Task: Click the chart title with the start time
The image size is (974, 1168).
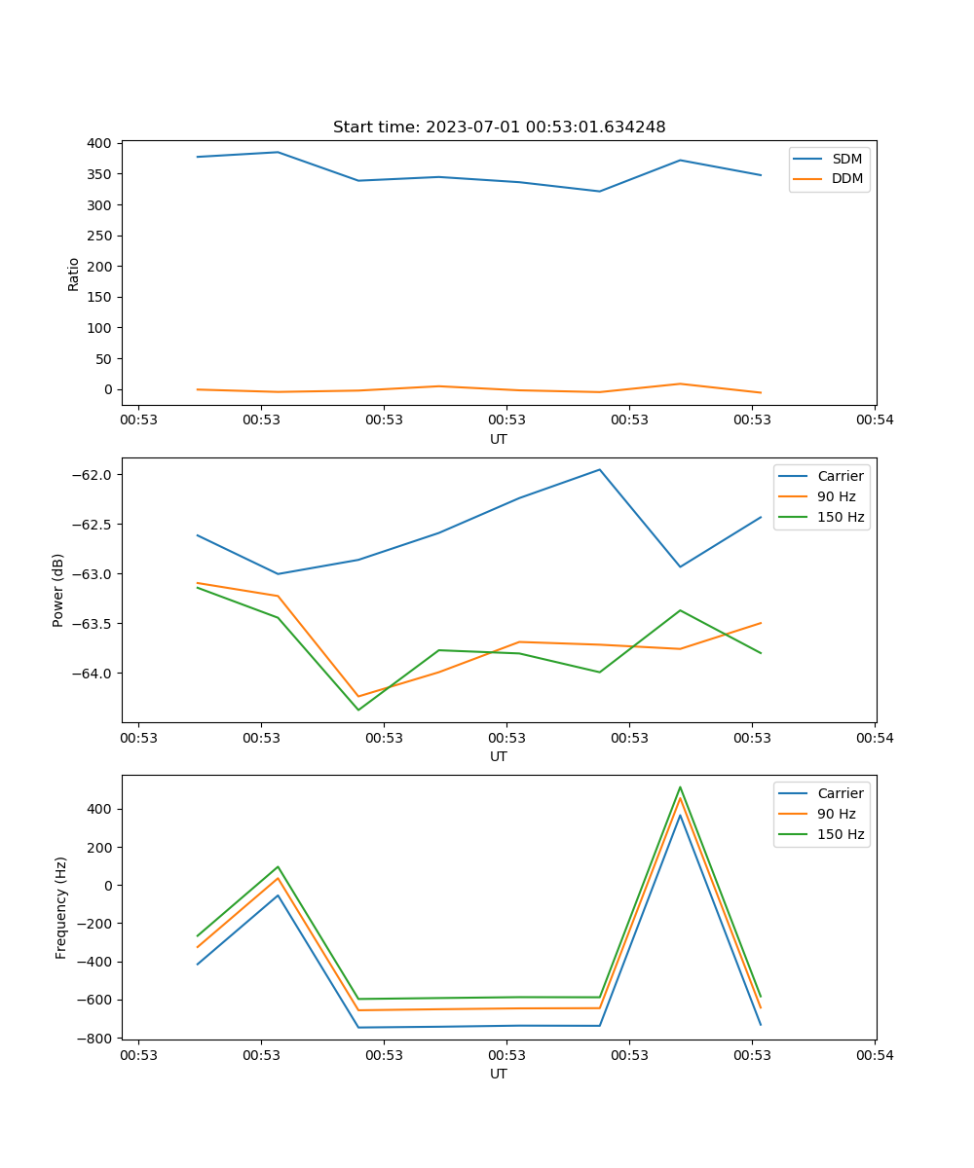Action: tap(499, 128)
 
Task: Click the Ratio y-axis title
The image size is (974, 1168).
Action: tap(74, 274)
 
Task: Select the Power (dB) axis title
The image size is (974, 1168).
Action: tap(58, 590)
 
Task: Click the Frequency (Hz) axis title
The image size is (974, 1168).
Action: tap(61, 907)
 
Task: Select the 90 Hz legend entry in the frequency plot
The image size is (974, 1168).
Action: tap(836, 814)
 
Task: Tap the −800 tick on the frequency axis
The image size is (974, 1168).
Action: tap(97, 1039)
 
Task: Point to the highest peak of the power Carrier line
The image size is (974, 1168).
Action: tap(600, 470)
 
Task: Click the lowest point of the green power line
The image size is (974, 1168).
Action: tap(358, 710)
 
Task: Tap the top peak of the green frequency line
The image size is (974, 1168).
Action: tap(680, 787)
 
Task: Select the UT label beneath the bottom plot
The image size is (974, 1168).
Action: tap(499, 1074)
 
